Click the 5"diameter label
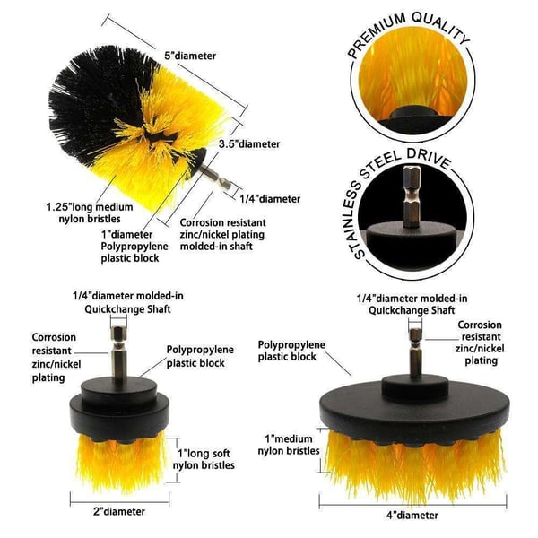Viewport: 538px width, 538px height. (190, 56)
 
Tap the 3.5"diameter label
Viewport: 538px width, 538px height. (249, 144)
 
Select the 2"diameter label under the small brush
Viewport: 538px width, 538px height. (119, 512)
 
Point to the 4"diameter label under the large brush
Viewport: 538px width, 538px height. (412, 516)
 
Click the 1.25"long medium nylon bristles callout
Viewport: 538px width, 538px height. (90, 213)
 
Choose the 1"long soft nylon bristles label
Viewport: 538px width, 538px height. (204, 459)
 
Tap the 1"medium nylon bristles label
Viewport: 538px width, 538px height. (289, 445)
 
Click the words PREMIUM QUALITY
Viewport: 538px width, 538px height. (408, 32)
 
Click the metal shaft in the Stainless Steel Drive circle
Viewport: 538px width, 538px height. (412, 196)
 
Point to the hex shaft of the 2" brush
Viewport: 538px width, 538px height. (118, 352)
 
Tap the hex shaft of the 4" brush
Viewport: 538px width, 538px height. (415, 353)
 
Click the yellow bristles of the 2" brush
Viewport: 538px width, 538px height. (121, 460)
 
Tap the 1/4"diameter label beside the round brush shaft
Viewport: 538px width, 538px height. (270, 199)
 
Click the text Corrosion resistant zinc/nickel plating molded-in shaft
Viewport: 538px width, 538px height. (222, 234)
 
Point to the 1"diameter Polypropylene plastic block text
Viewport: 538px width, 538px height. (134, 247)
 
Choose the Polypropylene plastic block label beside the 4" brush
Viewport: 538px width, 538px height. (291, 351)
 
